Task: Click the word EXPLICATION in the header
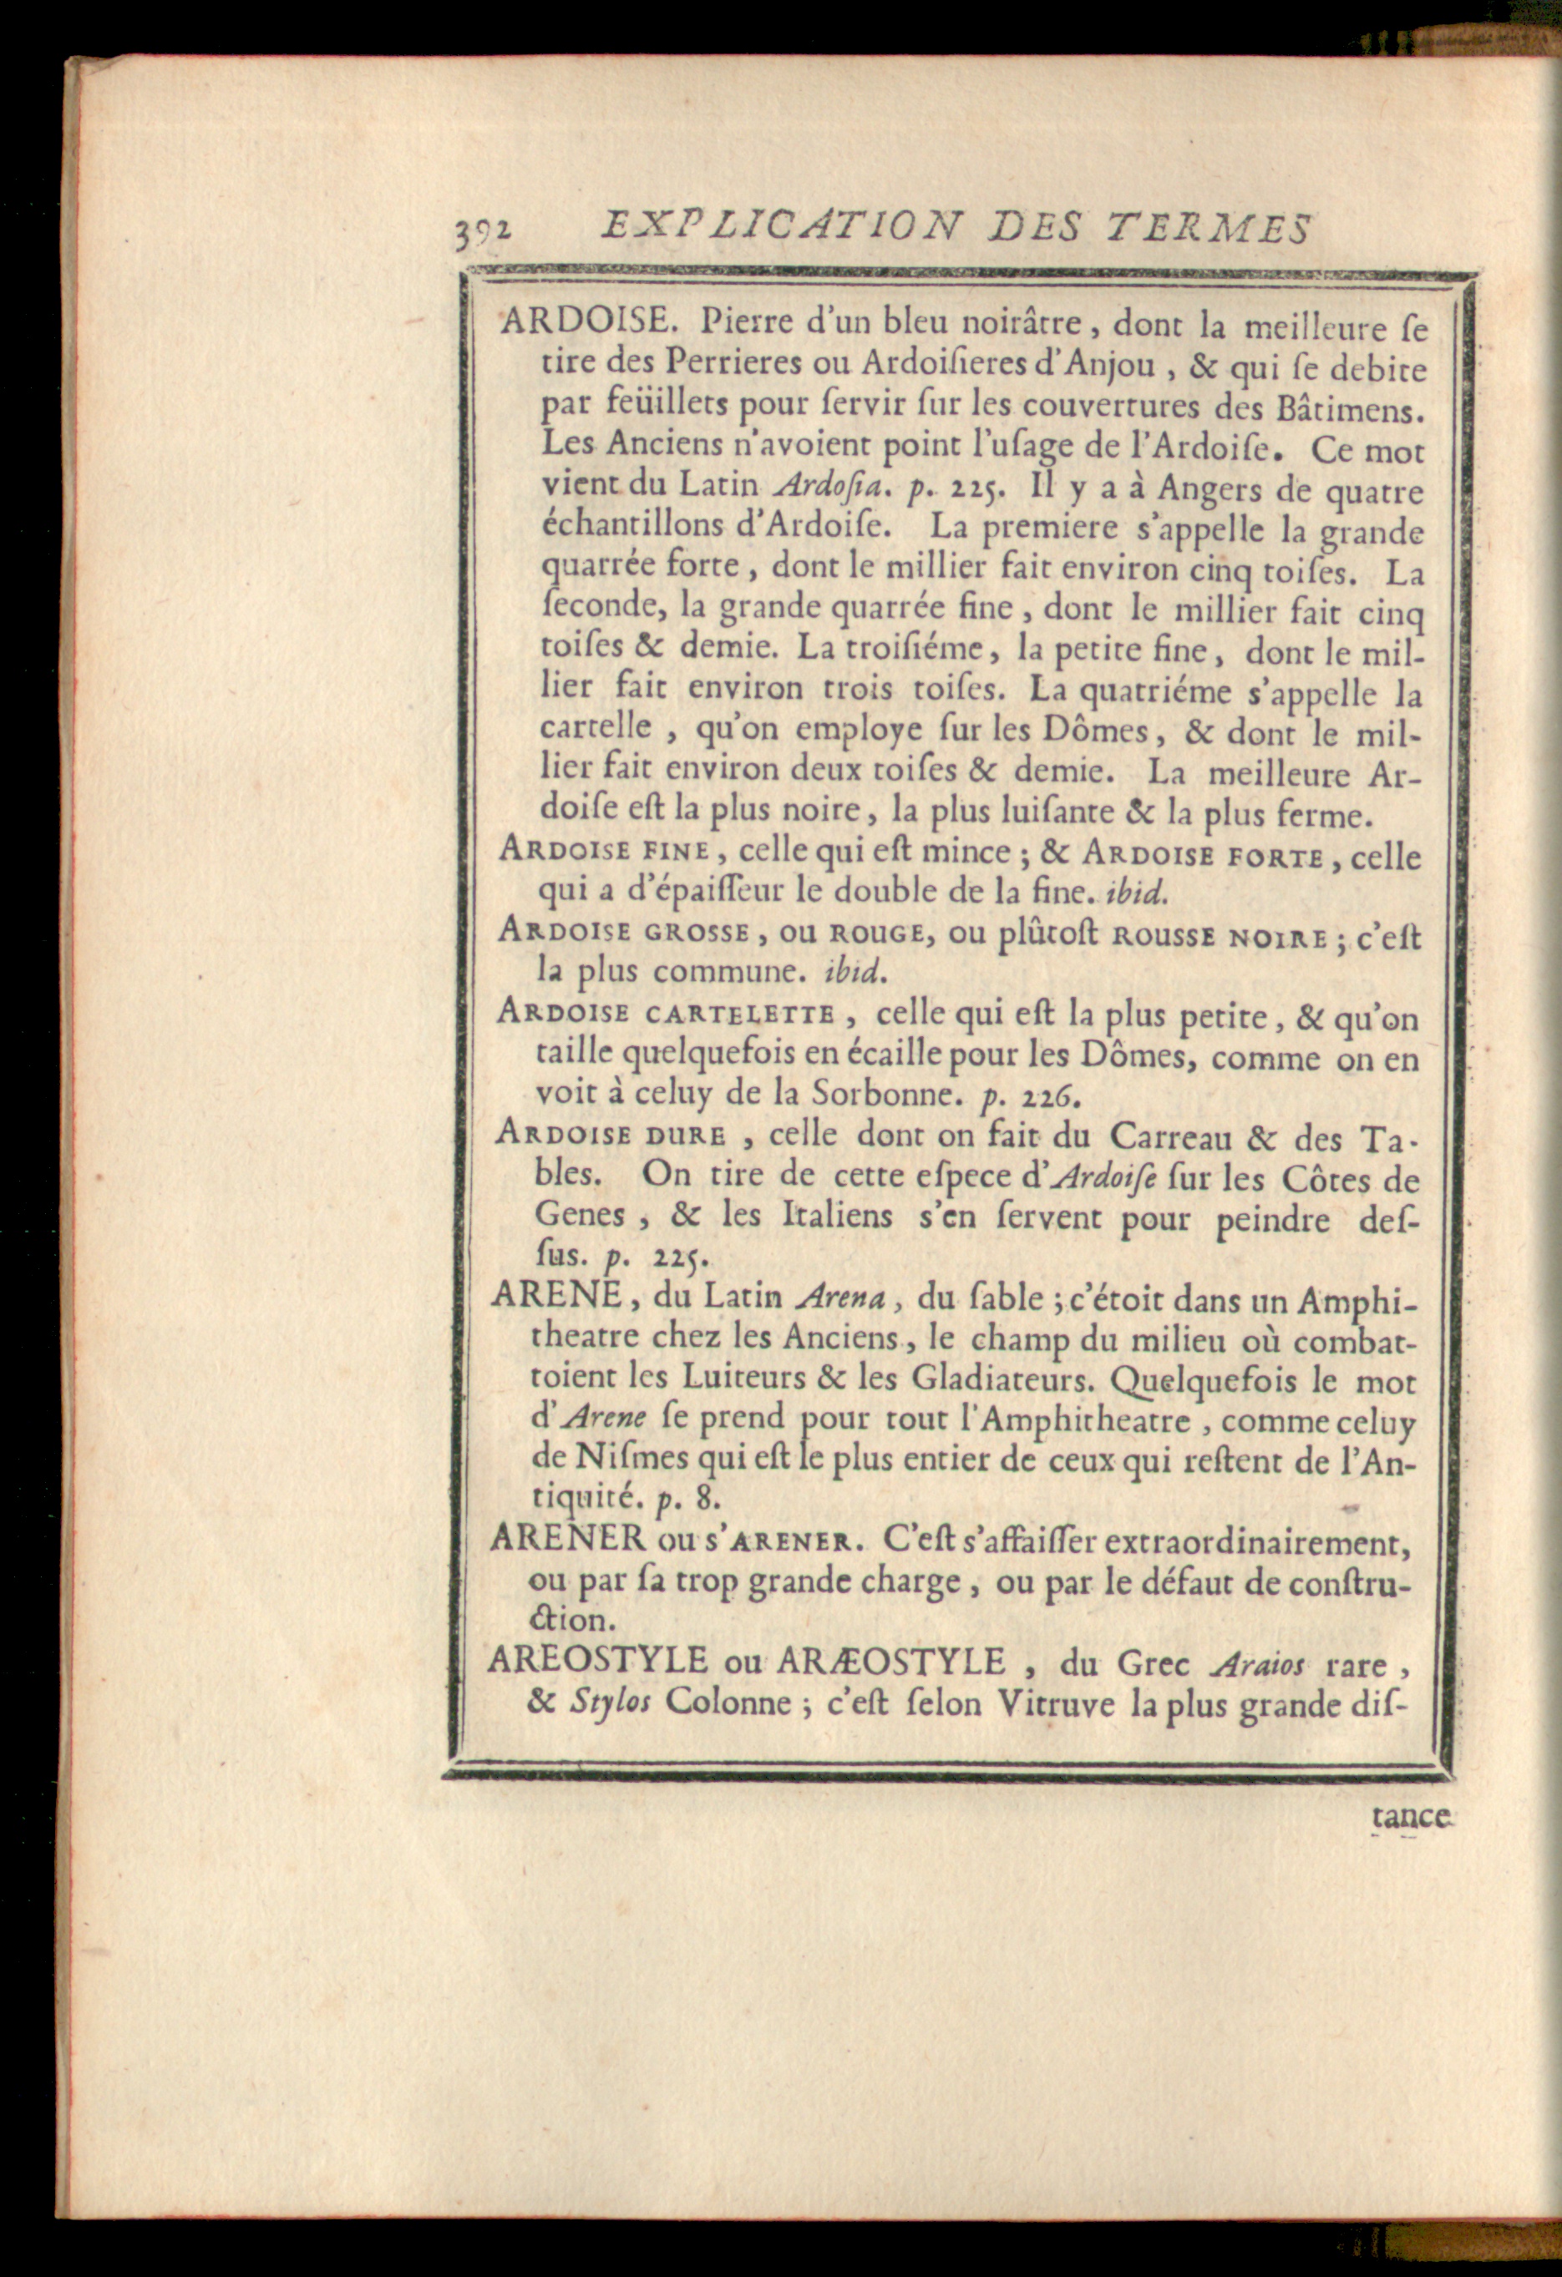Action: point(773,228)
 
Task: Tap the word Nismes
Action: point(640,1459)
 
